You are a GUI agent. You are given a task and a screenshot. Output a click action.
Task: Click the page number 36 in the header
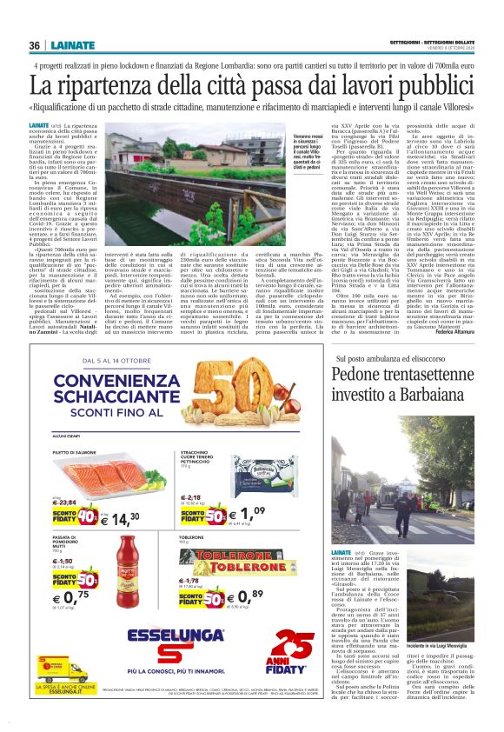[x=35, y=45]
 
